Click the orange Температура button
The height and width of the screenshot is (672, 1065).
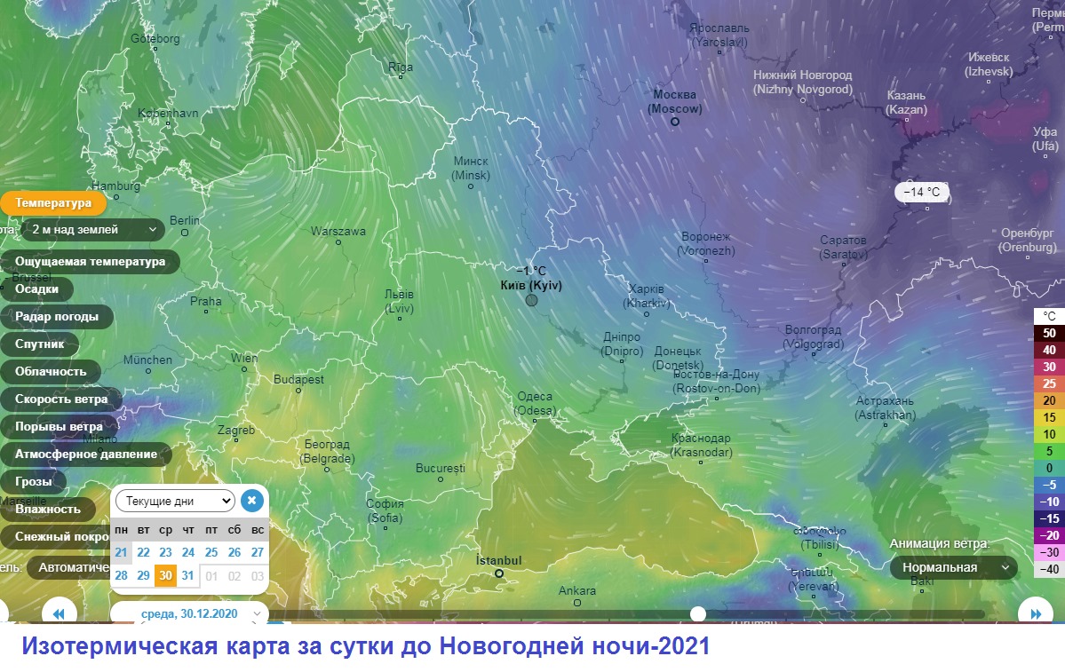[52, 203]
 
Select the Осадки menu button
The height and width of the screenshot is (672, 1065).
[36, 289]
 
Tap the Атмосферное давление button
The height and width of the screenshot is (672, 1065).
[85, 455]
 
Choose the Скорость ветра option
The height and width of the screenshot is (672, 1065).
[61, 399]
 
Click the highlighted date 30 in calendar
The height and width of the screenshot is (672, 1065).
[165, 575]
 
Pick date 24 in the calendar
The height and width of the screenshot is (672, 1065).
[188, 552]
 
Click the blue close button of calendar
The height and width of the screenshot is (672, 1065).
[251, 501]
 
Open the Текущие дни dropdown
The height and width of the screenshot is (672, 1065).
[175, 501]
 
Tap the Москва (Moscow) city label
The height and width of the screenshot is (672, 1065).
[674, 101]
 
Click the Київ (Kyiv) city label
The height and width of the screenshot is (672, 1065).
[531, 286]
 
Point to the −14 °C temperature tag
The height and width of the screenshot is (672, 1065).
[921, 192]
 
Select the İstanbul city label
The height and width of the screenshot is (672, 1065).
[498, 560]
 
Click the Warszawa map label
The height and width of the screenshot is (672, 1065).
[338, 231]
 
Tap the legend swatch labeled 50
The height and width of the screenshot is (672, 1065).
[1049, 333]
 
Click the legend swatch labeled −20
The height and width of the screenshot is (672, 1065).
[1049, 535]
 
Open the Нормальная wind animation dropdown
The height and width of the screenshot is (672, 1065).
[954, 567]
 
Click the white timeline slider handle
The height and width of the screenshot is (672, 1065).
[698, 613]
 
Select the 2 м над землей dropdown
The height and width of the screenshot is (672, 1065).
[93, 230]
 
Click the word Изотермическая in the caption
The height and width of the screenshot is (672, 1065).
[121, 646]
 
